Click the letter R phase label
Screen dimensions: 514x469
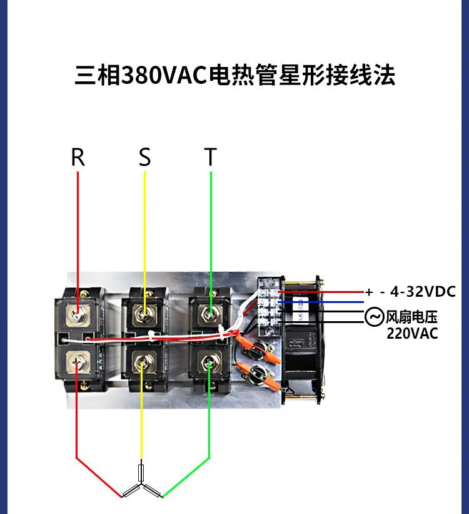pyautogui.click(x=78, y=157)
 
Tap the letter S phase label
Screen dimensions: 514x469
pyautogui.click(x=144, y=157)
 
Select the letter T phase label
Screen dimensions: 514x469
pyautogui.click(x=211, y=157)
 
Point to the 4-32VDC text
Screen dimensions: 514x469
pyautogui.click(x=423, y=291)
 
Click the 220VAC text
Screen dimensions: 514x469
pyautogui.click(x=412, y=333)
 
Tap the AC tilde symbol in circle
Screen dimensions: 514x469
pyautogui.click(x=374, y=317)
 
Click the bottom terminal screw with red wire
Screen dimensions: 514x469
pyautogui.click(x=77, y=362)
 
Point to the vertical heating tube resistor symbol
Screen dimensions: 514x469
pyautogui.click(x=142, y=471)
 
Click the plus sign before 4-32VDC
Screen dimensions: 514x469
pyautogui.click(x=369, y=292)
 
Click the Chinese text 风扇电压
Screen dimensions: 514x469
pyautogui.click(x=411, y=317)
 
